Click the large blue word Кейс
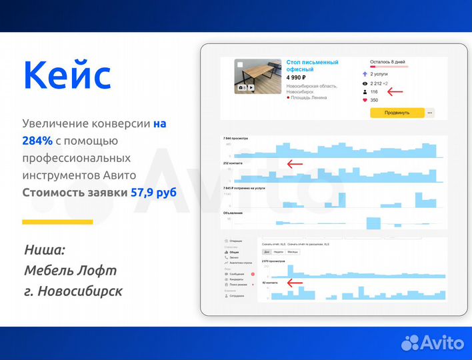pyautogui.click(x=67, y=75)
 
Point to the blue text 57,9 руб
pyautogui.click(x=153, y=192)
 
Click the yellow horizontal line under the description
pyautogui.click(x=57, y=221)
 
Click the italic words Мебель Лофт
pyautogui.click(x=70, y=271)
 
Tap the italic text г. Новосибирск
pyautogui.click(x=73, y=291)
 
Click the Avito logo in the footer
pyautogui.click(x=432, y=342)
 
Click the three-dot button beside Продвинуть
pyautogui.click(x=430, y=113)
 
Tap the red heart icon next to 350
pyautogui.click(x=364, y=100)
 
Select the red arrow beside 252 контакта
pyautogui.click(x=294, y=163)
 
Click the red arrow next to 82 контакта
pyautogui.click(x=294, y=283)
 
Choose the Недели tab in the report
pyautogui.click(x=279, y=252)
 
